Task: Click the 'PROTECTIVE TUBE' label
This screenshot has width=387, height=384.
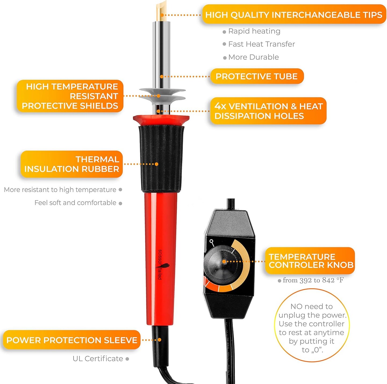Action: point(257,76)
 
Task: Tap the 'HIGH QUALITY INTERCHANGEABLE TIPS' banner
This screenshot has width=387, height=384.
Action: point(294,15)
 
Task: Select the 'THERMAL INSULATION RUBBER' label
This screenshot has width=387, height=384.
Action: point(72,164)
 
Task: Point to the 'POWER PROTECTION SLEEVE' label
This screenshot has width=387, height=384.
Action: point(72,340)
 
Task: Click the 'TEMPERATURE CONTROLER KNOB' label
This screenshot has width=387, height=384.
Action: point(310,261)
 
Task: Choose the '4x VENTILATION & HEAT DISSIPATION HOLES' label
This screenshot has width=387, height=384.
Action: point(268,111)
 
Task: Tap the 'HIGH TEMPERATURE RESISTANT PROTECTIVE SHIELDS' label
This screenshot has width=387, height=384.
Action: point(70,96)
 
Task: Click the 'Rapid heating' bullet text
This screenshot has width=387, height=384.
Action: point(254,31)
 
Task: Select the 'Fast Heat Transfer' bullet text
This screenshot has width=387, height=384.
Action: point(261,44)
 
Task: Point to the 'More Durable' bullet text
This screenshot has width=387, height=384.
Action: point(253,57)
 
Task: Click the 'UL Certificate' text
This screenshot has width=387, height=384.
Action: point(98,358)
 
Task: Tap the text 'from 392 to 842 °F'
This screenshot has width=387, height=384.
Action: point(313,280)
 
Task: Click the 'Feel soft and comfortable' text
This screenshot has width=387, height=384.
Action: point(75,203)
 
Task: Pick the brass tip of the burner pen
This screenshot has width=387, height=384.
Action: point(162,11)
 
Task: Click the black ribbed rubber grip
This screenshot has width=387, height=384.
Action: point(161,158)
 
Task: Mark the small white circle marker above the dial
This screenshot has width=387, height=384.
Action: point(211,241)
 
